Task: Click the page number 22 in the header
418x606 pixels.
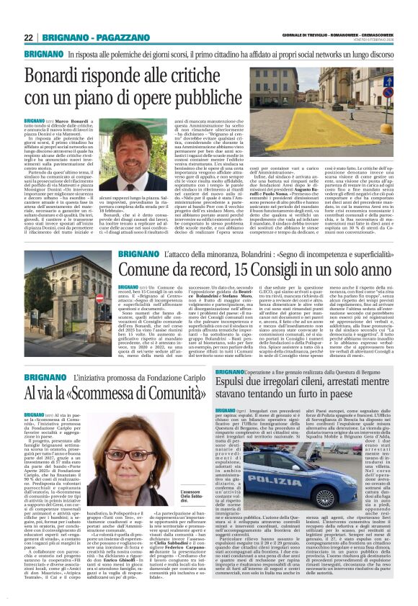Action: [28, 37]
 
